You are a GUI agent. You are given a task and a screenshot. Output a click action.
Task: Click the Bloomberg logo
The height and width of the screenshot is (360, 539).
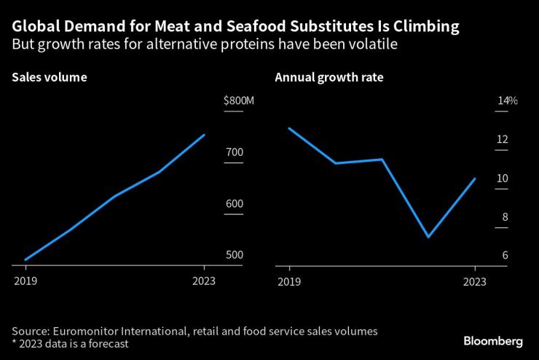point(493,341)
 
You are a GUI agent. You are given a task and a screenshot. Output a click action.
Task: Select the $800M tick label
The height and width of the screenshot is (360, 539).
point(239,101)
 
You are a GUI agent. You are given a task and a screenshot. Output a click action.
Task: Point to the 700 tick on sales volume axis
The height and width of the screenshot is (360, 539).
point(234,152)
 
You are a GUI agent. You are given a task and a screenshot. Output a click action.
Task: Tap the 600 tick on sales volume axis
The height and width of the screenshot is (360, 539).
point(234,204)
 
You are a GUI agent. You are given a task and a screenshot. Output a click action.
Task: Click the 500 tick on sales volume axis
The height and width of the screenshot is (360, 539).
point(234,255)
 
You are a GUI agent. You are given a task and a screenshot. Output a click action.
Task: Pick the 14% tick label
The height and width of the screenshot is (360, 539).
point(507,101)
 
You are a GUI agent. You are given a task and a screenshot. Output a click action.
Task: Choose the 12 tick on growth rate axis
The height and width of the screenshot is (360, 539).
point(502,140)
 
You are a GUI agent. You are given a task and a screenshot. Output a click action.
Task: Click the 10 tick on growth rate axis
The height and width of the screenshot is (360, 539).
point(502,179)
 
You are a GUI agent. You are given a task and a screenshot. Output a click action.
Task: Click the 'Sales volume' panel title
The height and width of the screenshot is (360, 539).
point(50,77)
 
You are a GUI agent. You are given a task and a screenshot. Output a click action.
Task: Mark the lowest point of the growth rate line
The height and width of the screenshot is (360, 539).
point(428,237)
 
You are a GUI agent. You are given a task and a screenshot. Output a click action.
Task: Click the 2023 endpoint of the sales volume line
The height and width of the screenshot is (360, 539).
point(205,135)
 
